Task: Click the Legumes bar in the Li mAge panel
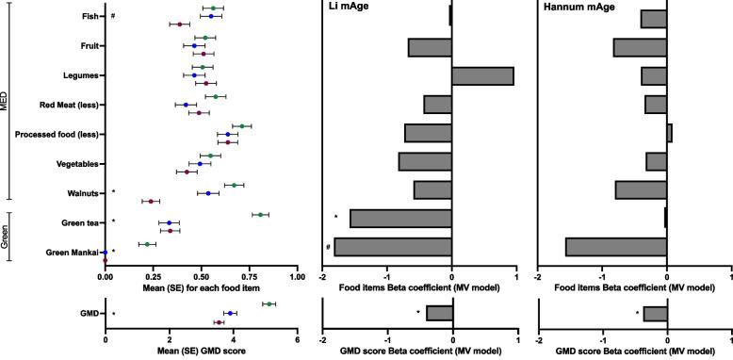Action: [483, 76]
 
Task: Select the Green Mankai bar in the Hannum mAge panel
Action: [616, 247]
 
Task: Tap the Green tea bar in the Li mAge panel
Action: [401, 219]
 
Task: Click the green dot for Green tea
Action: [261, 215]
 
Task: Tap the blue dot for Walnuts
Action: [208, 193]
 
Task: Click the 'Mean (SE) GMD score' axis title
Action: [201, 351]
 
